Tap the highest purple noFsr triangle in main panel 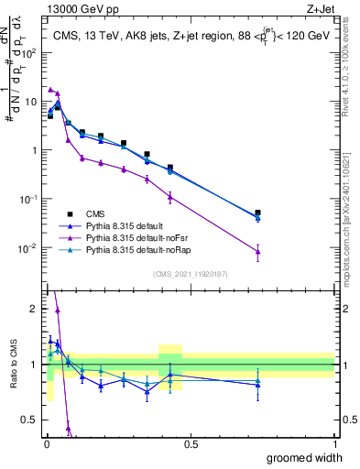pos(50,89)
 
